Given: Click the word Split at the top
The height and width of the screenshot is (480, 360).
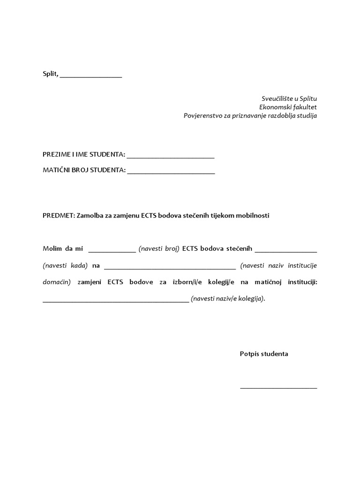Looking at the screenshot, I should tap(50, 74).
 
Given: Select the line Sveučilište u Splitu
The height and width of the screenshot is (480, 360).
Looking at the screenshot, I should tap(289, 98).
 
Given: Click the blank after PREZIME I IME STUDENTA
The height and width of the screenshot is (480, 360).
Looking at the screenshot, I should tap(171, 157).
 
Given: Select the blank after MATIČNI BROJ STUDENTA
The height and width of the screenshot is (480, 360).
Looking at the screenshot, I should tap(171, 173).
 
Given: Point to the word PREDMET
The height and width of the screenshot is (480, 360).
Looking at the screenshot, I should tap(56, 216).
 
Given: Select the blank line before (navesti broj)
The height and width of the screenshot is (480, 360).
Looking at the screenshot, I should tap(112, 251).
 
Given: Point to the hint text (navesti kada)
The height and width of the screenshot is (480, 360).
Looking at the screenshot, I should tap(65, 265).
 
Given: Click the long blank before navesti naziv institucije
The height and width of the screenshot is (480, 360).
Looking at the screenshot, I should tap(170, 268).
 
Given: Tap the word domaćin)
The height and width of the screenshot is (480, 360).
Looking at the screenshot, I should tap(56, 282).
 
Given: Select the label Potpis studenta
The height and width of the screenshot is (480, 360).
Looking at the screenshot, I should tap(264, 353).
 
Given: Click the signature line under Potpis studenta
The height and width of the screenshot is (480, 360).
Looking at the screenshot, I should tap(278, 388).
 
